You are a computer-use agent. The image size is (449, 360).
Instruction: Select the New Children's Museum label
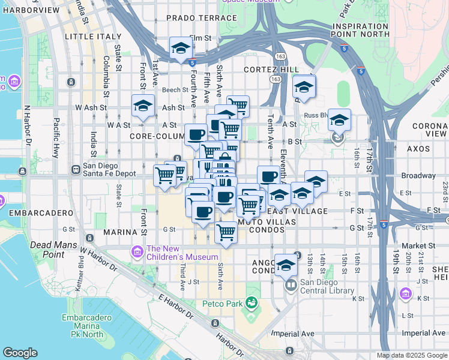tap(182, 253)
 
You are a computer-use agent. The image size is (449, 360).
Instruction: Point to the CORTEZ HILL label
tap(271, 70)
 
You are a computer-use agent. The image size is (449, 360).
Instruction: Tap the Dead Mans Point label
tap(47, 250)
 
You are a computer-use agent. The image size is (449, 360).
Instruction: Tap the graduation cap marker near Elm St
tap(180, 48)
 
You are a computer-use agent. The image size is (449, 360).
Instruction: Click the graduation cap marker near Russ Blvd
tap(339, 119)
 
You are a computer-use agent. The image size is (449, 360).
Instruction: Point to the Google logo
tap(20, 353)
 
